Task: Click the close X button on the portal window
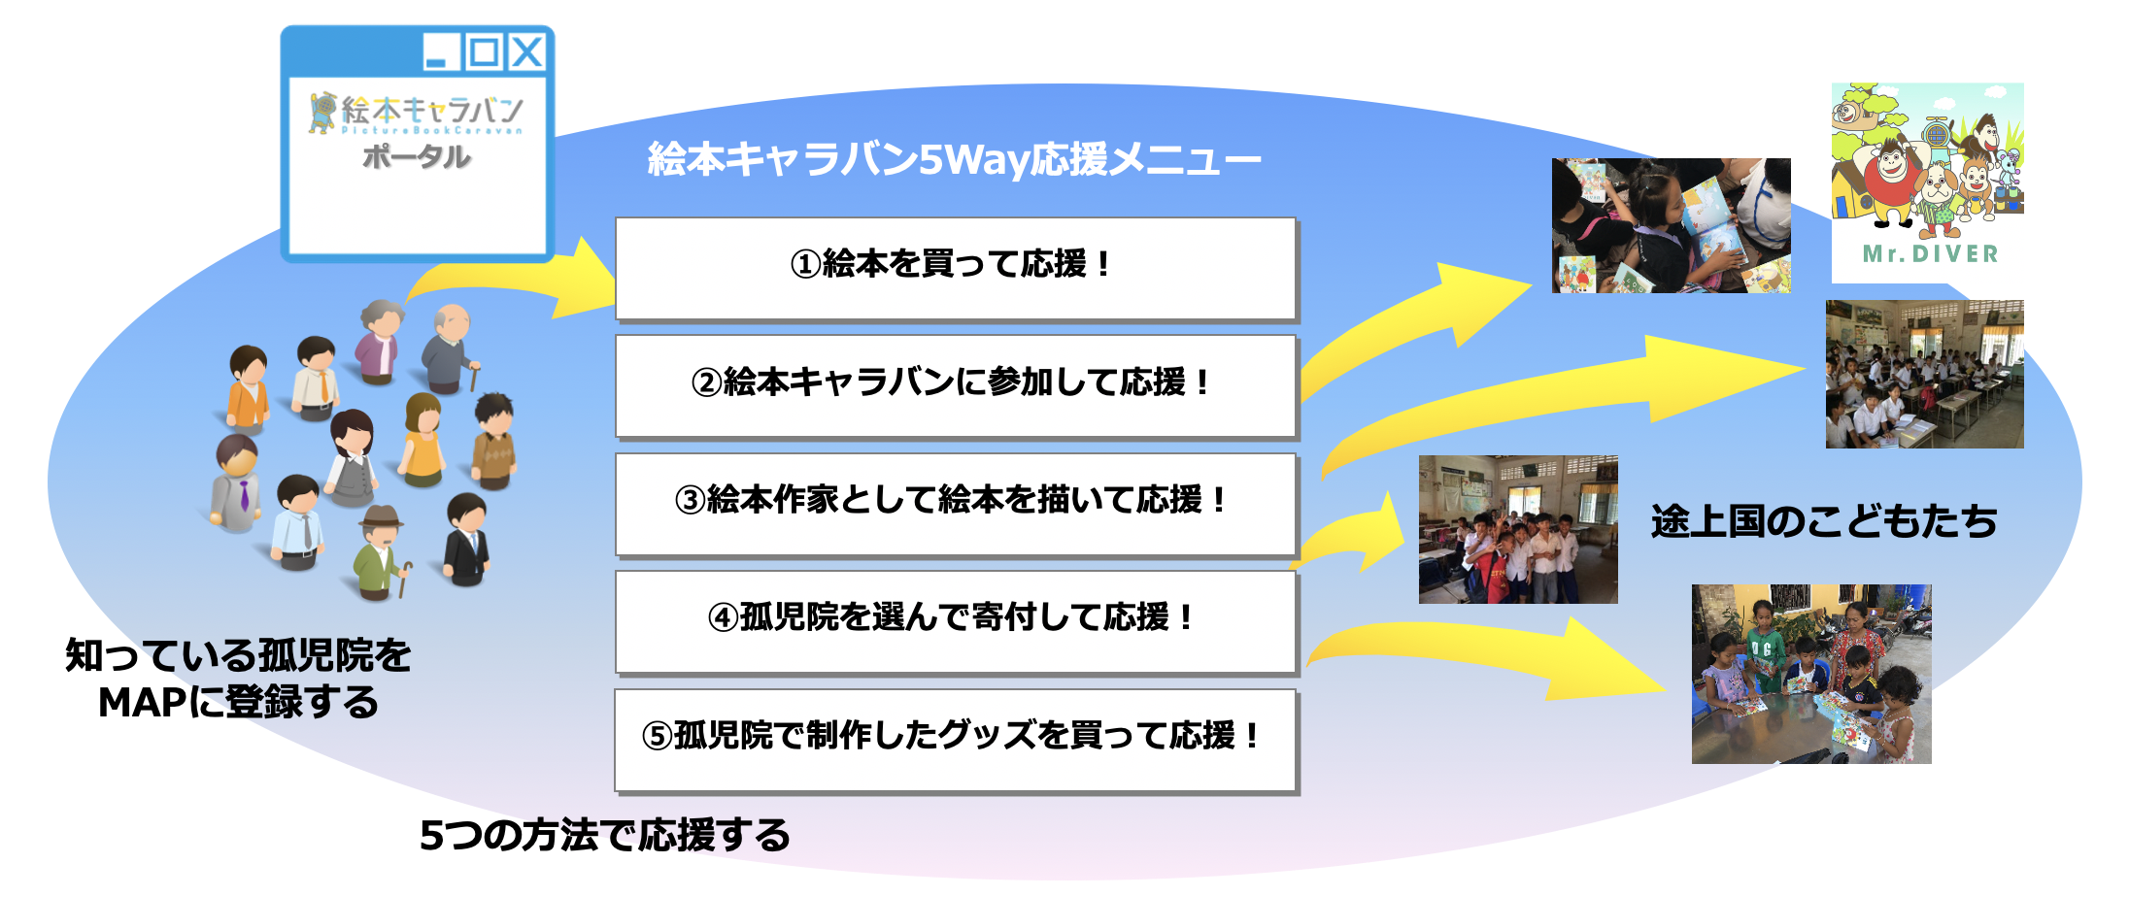527,51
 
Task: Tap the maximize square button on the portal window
484,51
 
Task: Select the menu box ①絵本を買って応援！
956,268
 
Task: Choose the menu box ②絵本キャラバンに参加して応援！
956,385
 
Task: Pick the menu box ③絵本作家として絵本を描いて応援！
956,504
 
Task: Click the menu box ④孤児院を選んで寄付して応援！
956,621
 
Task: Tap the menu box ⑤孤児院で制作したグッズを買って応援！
956,740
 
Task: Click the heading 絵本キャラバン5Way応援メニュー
955,158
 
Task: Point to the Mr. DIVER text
1930,254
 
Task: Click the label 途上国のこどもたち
1824,521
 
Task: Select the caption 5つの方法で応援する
604,835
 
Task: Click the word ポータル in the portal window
417,156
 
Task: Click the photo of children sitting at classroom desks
1924,374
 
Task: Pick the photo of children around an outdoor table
1811,674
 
